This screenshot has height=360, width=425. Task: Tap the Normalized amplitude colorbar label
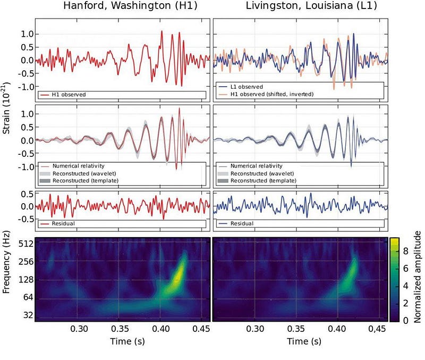point(418,277)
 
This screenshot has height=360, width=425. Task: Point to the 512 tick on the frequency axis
point(27,244)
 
